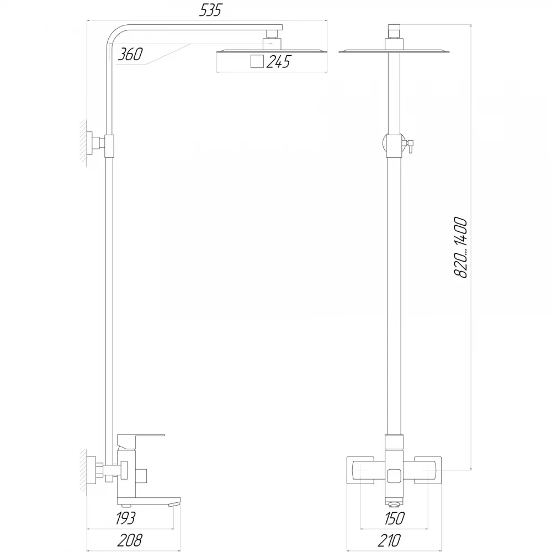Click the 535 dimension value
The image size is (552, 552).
pos(211,10)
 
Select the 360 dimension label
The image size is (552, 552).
pos(130,54)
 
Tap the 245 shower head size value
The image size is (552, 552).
pos(278,62)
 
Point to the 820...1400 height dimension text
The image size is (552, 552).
pos(460,248)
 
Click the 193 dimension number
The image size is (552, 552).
pos(125,518)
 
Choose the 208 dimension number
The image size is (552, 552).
pos(130,540)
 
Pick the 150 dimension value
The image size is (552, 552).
pos(394,518)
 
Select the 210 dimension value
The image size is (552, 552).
pos(389,540)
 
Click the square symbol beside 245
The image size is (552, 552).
pos(257,61)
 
